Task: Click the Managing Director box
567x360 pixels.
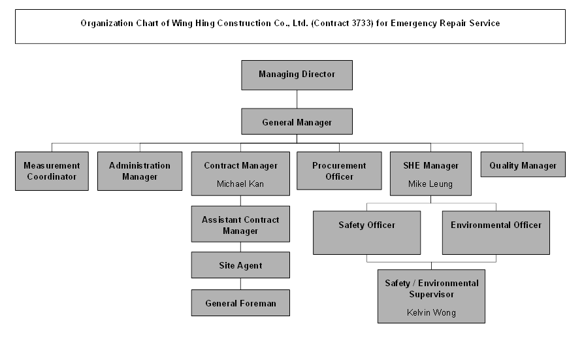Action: pos(297,74)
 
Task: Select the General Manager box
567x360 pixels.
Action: pos(297,122)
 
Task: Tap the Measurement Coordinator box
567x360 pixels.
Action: pos(52,171)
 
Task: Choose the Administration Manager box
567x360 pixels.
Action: pos(140,171)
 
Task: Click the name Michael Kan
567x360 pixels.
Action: pos(240,184)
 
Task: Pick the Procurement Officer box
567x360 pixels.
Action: pos(339,171)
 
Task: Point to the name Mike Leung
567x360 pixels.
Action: pos(430,184)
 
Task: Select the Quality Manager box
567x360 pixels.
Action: pos(523,166)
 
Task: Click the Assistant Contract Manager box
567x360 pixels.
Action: pos(240,225)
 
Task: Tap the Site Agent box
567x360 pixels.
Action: pos(240,266)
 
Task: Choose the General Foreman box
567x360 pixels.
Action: pos(240,303)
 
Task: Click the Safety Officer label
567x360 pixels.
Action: pos(366,225)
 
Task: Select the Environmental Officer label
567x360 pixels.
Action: pos(496,225)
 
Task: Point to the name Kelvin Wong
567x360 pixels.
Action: pos(431,313)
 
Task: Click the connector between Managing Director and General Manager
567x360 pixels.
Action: pos(297,99)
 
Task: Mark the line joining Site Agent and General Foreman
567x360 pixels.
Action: pos(240,284)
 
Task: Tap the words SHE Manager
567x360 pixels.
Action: pos(430,166)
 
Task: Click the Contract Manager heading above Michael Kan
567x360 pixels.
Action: pos(240,166)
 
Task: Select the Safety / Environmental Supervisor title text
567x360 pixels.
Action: pos(431,289)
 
